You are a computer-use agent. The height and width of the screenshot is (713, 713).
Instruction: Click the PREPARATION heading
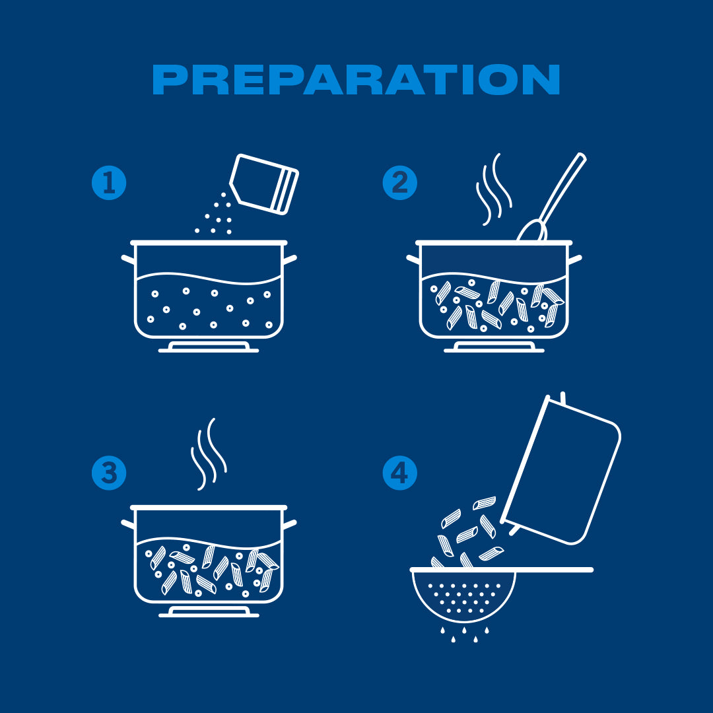tap(356, 80)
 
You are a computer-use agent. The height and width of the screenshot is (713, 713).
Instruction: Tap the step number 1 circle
tap(109, 183)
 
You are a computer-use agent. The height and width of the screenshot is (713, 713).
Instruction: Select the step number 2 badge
tap(399, 183)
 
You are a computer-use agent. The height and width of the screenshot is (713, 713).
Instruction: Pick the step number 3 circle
tap(109, 473)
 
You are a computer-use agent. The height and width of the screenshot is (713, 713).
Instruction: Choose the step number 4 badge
tap(399, 473)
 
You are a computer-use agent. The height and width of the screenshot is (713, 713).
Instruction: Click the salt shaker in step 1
tap(264, 184)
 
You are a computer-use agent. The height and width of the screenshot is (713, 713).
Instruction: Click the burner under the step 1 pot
tap(209, 347)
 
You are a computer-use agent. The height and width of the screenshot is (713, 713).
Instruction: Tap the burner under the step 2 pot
tap(494, 347)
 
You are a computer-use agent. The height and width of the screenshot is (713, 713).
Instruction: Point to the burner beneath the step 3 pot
tap(209, 612)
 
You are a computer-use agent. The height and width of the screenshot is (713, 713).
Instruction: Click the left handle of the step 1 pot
tap(128, 259)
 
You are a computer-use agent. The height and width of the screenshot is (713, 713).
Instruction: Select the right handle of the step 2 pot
tap(575, 259)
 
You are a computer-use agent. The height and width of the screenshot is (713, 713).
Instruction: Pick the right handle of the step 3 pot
tap(290, 524)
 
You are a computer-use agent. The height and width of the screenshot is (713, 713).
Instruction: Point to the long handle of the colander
tap(554, 570)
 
